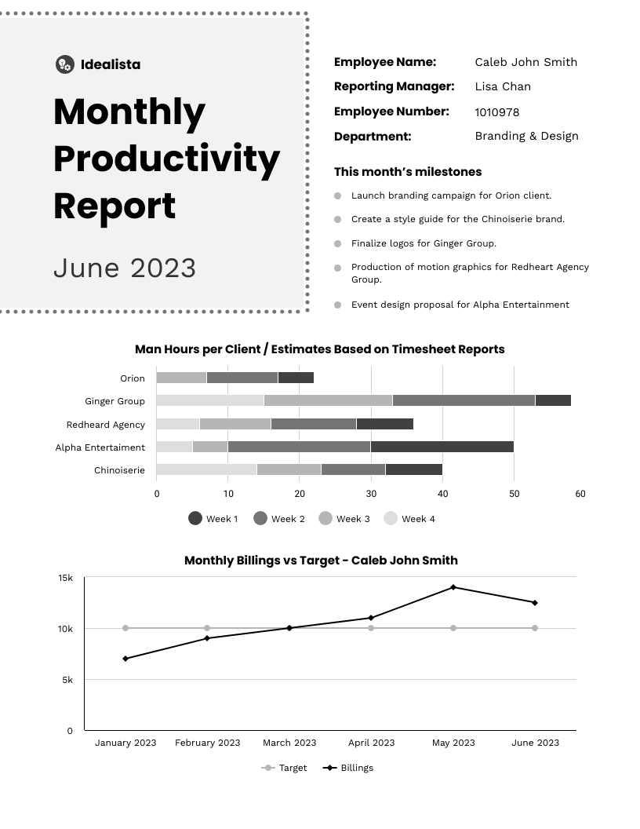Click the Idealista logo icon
pyautogui.click(x=65, y=64)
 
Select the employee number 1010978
pyautogui.click(x=496, y=112)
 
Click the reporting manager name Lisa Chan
pyautogui.click(x=503, y=86)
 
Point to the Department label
pyautogui.click(x=372, y=137)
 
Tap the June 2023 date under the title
pyautogui.click(x=125, y=268)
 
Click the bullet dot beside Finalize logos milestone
pyautogui.click(x=338, y=244)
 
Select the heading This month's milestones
pyautogui.click(x=408, y=172)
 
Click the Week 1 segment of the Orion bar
pyautogui.click(x=296, y=378)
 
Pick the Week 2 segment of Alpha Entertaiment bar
pyautogui.click(x=299, y=447)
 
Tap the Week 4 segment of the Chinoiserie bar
pyautogui.click(x=206, y=469)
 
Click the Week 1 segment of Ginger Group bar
pyautogui.click(x=553, y=400)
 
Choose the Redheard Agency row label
pyautogui.click(x=106, y=425)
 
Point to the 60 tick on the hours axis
pyautogui.click(x=580, y=494)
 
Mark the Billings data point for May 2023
pyautogui.click(x=453, y=587)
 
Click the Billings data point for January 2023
pyautogui.click(x=125, y=659)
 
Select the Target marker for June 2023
pyautogui.click(x=535, y=628)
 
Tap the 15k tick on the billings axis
pyautogui.click(x=66, y=578)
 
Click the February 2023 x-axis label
pyautogui.click(x=207, y=743)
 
